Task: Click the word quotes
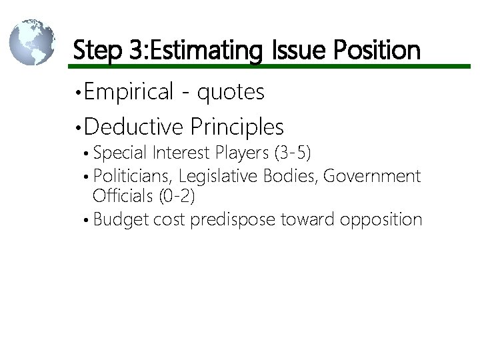click(x=230, y=93)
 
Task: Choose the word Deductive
click(x=134, y=126)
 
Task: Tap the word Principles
click(x=237, y=126)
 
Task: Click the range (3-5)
click(x=291, y=153)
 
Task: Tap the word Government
click(x=372, y=177)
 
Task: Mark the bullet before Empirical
click(x=79, y=93)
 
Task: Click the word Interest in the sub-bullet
click(x=179, y=153)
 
